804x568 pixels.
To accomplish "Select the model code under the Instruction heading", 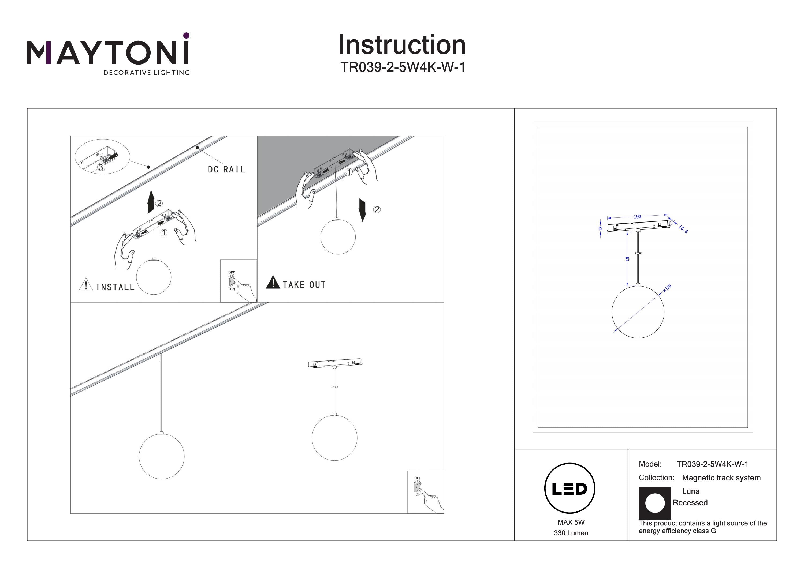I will point(403,67).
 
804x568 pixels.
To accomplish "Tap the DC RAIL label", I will point(226,170).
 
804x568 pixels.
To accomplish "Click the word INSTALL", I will point(116,287).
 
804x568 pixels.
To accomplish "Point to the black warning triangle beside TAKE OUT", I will point(273,283).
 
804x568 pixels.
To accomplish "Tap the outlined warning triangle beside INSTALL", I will point(86,285).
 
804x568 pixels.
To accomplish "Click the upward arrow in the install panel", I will point(151,202).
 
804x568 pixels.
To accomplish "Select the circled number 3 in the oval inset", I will point(101,167).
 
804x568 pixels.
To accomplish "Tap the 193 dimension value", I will point(637,217).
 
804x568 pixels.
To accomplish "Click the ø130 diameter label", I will point(667,288).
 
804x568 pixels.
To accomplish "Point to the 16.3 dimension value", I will point(683,229).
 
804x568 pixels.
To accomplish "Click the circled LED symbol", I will point(570,488).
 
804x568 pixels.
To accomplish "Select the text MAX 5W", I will point(571,522).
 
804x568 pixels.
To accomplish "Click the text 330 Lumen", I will point(571,533).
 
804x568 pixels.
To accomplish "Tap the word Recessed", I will point(690,503).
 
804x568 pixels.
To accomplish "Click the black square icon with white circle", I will point(655,503).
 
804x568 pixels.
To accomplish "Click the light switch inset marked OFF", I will point(238,281).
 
